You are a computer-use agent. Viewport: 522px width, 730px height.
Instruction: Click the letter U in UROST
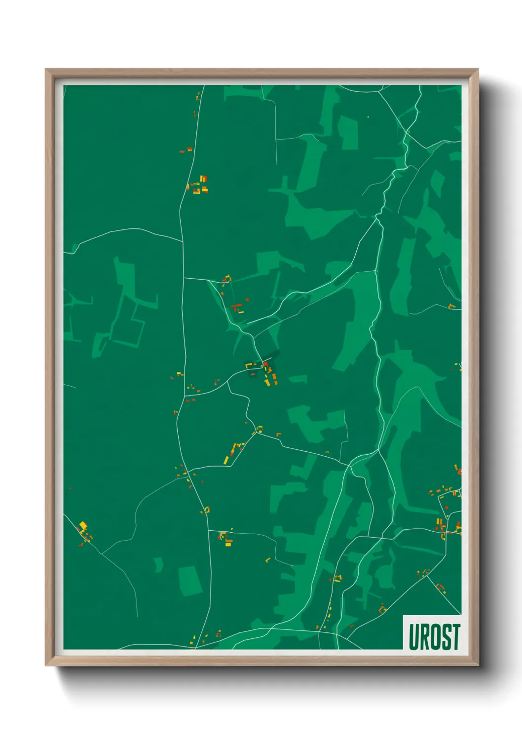click(413, 637)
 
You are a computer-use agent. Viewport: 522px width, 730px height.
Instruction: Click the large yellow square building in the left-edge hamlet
click(83, 526)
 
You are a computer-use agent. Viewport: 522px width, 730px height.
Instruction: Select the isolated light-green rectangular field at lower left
click(190, 581)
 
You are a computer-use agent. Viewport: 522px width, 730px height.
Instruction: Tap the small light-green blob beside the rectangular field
click(158, 564)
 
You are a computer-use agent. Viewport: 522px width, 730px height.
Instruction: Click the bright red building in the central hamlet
click(265, 365)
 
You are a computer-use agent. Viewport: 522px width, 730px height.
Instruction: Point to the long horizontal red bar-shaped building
click(236, 306)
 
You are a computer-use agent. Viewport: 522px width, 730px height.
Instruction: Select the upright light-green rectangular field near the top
click(349, 133)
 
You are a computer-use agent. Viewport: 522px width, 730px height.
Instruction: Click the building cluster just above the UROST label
click(440, 587)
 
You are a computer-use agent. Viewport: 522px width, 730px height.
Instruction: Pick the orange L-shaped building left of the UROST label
click(382, 610)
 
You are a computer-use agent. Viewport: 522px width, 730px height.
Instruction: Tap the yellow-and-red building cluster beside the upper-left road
click(199, 185)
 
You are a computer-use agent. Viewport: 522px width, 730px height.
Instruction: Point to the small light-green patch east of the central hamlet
click(298, 379)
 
